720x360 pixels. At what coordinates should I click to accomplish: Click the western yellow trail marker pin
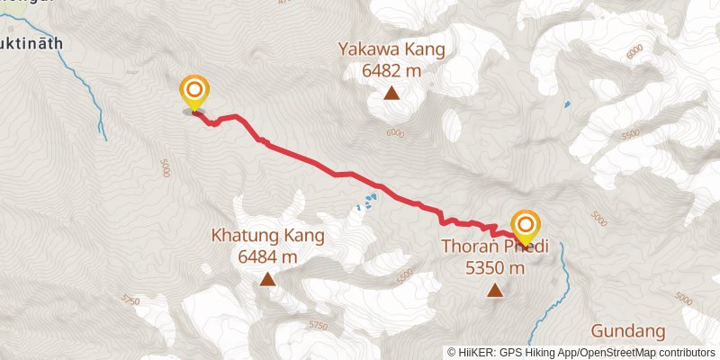[194, 92]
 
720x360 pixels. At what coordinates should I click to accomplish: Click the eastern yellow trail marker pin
[526, 225]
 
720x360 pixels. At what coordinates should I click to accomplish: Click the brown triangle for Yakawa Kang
[391, 92]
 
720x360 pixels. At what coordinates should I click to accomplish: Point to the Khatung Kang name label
[267, 237]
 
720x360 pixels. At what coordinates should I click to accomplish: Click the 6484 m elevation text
[267, 256]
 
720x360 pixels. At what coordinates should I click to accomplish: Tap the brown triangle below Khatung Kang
[267, 280]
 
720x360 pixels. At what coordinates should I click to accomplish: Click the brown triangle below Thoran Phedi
[495, 290]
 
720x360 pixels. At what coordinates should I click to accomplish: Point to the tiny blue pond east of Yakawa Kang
[567, 104]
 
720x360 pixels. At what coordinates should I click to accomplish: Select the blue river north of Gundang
[562, 270]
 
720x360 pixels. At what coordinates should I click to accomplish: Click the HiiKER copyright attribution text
[580, 352]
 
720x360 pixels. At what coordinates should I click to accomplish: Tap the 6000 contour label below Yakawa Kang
[396, 133]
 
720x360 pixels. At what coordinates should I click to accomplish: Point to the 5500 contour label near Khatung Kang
[405, 274]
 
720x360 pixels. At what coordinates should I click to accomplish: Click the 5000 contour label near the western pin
[166, 168]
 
